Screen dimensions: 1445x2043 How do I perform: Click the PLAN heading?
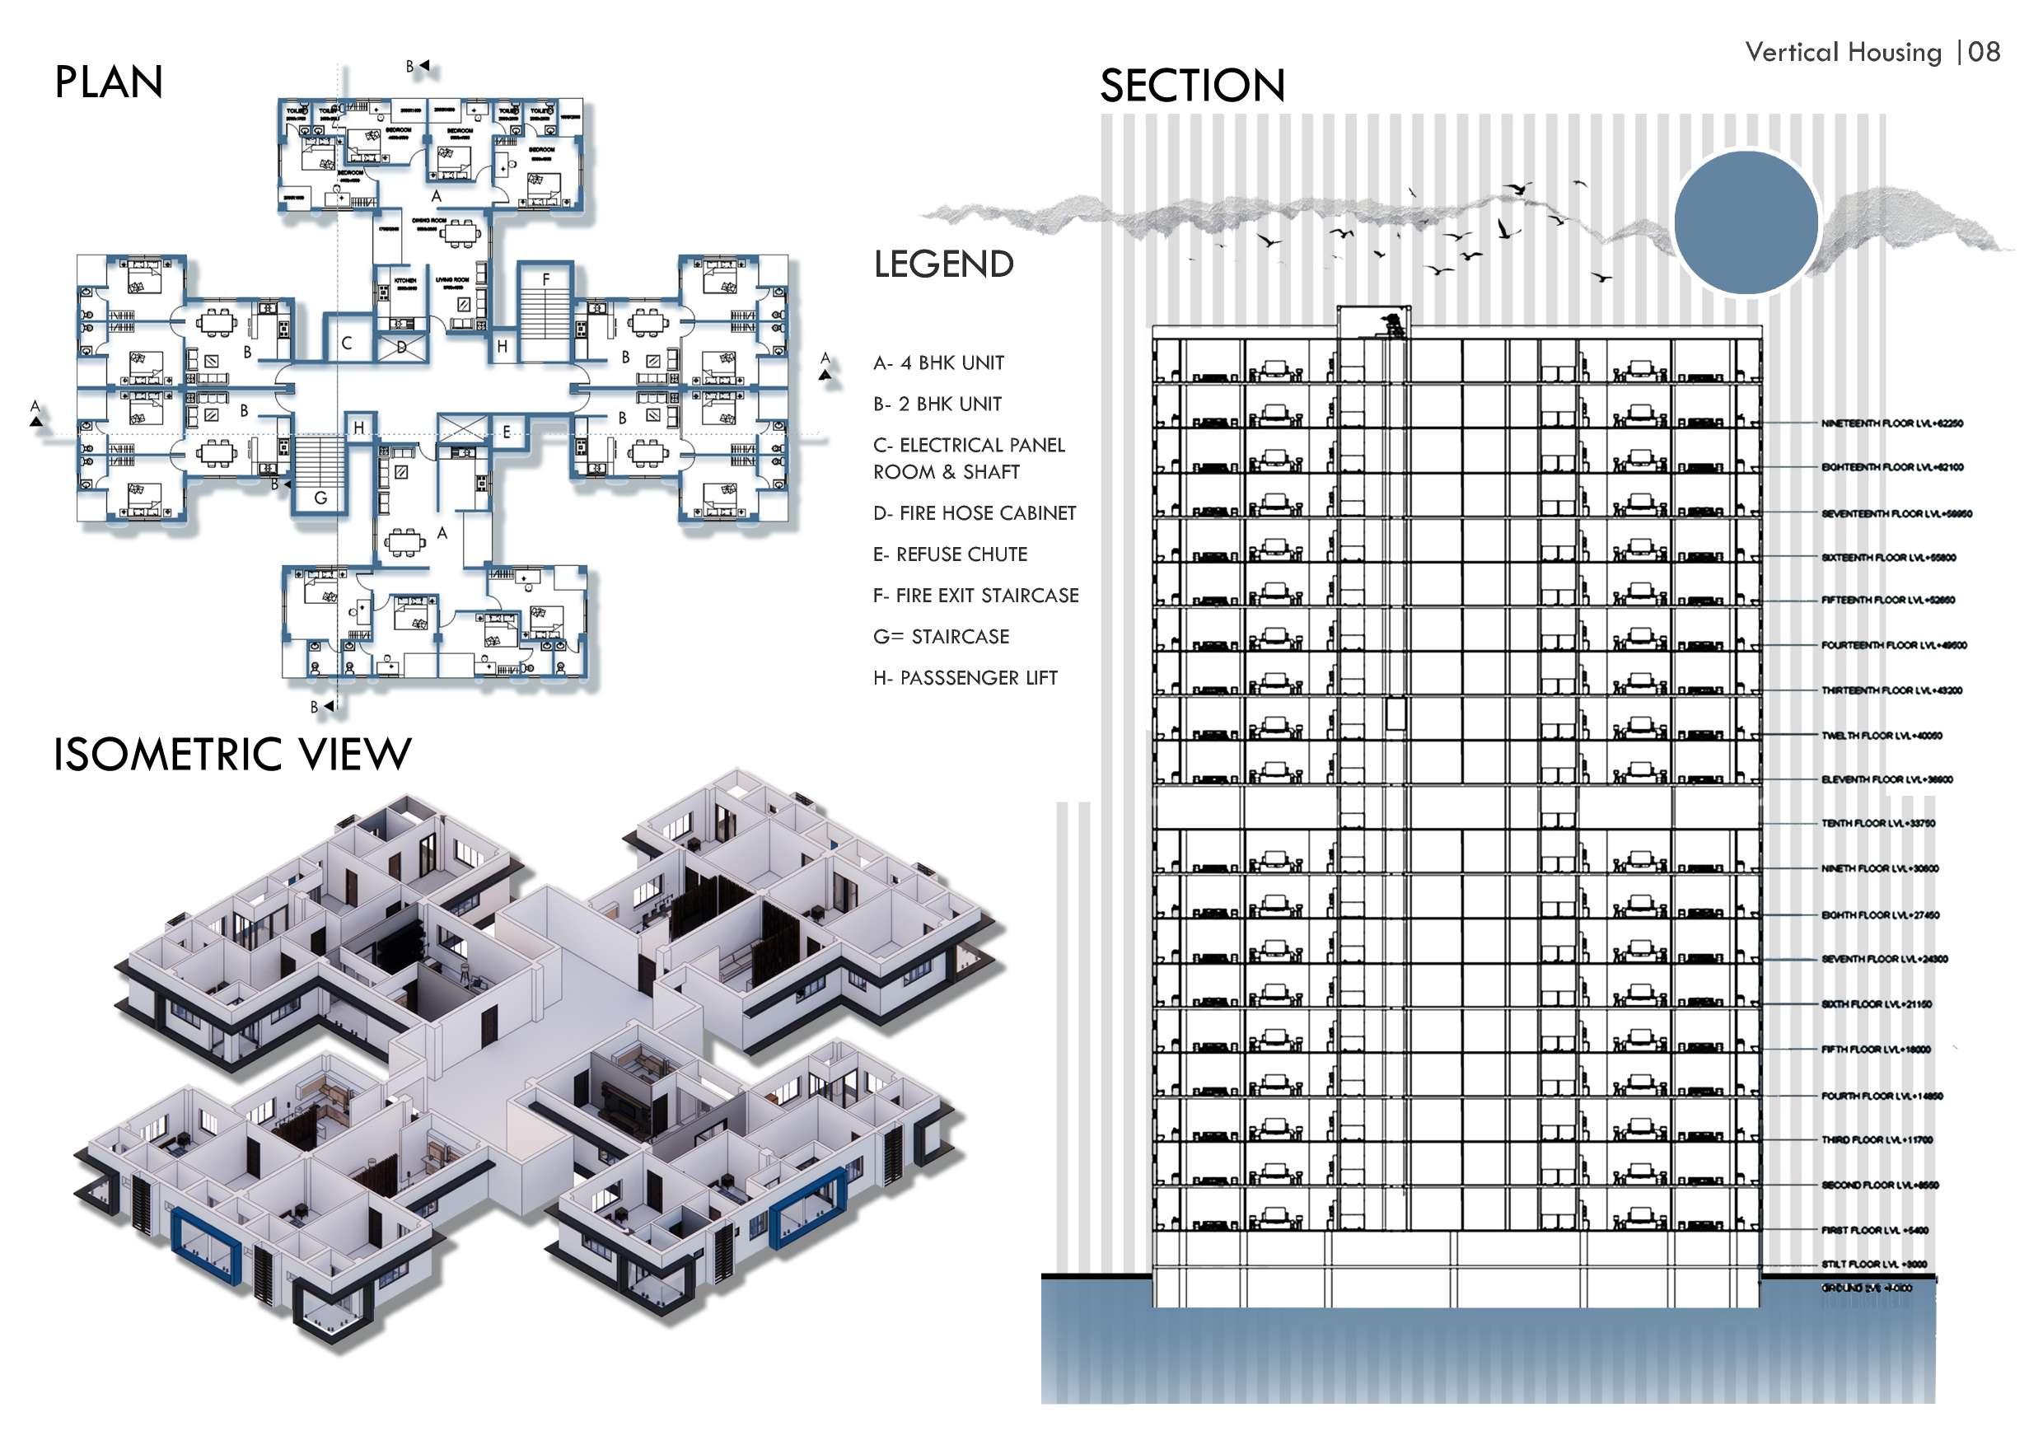pyautogui.click(x=109, y=82)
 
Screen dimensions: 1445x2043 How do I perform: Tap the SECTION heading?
pyautogui.click(x=1191, y=87)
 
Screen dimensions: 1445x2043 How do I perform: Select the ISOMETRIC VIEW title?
pyautogui.click(x=232, y=755)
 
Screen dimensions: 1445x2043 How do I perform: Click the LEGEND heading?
pyautogui.click(x=943, y=264)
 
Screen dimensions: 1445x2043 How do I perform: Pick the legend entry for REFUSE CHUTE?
pyautogui.click(x=950, y=554)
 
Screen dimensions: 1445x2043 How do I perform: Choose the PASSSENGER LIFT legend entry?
pyautogui.click(x=965, y=678)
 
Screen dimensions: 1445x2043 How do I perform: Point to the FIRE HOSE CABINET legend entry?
pyautogui.click(x=975, y=513)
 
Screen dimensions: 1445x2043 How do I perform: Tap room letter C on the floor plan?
pyautogui.click(x=347, y=344)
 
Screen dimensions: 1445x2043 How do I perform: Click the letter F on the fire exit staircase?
pyautogui.click(x=545, y=280)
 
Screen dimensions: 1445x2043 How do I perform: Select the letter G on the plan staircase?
pyautogui.click(x=320, y=498)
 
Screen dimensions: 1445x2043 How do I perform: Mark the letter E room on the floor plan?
pyautogui.click(x=507, y=433)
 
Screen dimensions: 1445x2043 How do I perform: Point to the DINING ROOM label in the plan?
pyautogui.click(x=429, y=220)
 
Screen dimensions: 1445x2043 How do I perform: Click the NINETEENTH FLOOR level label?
pyautogui.click(x=1891, y=423)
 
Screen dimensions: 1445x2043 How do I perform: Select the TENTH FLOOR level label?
pyautogui.click(x=1878, y=823)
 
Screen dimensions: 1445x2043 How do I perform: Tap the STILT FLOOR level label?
pyautogui.click(x=1874, y=1264)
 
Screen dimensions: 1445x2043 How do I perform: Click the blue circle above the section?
pyautogui.click(x=1745, y=222)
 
